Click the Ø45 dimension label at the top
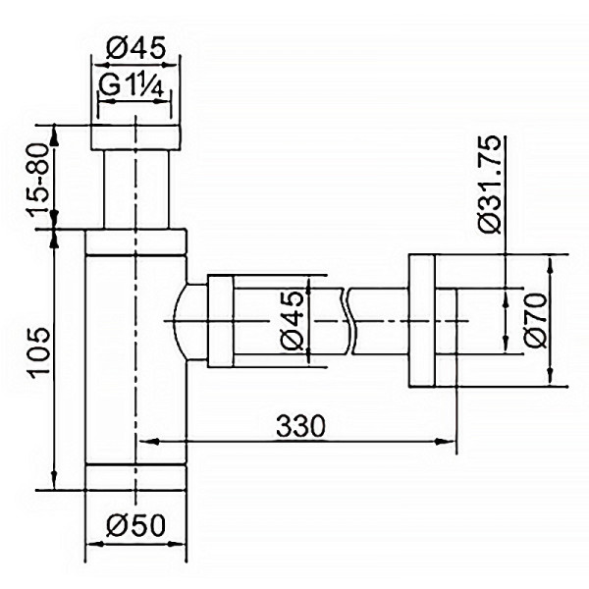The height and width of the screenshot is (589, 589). coord(135,46)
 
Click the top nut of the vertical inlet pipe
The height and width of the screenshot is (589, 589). coord(136,137)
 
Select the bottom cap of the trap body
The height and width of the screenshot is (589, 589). coord(135,475)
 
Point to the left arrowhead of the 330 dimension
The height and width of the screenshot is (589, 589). coord(143,442)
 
